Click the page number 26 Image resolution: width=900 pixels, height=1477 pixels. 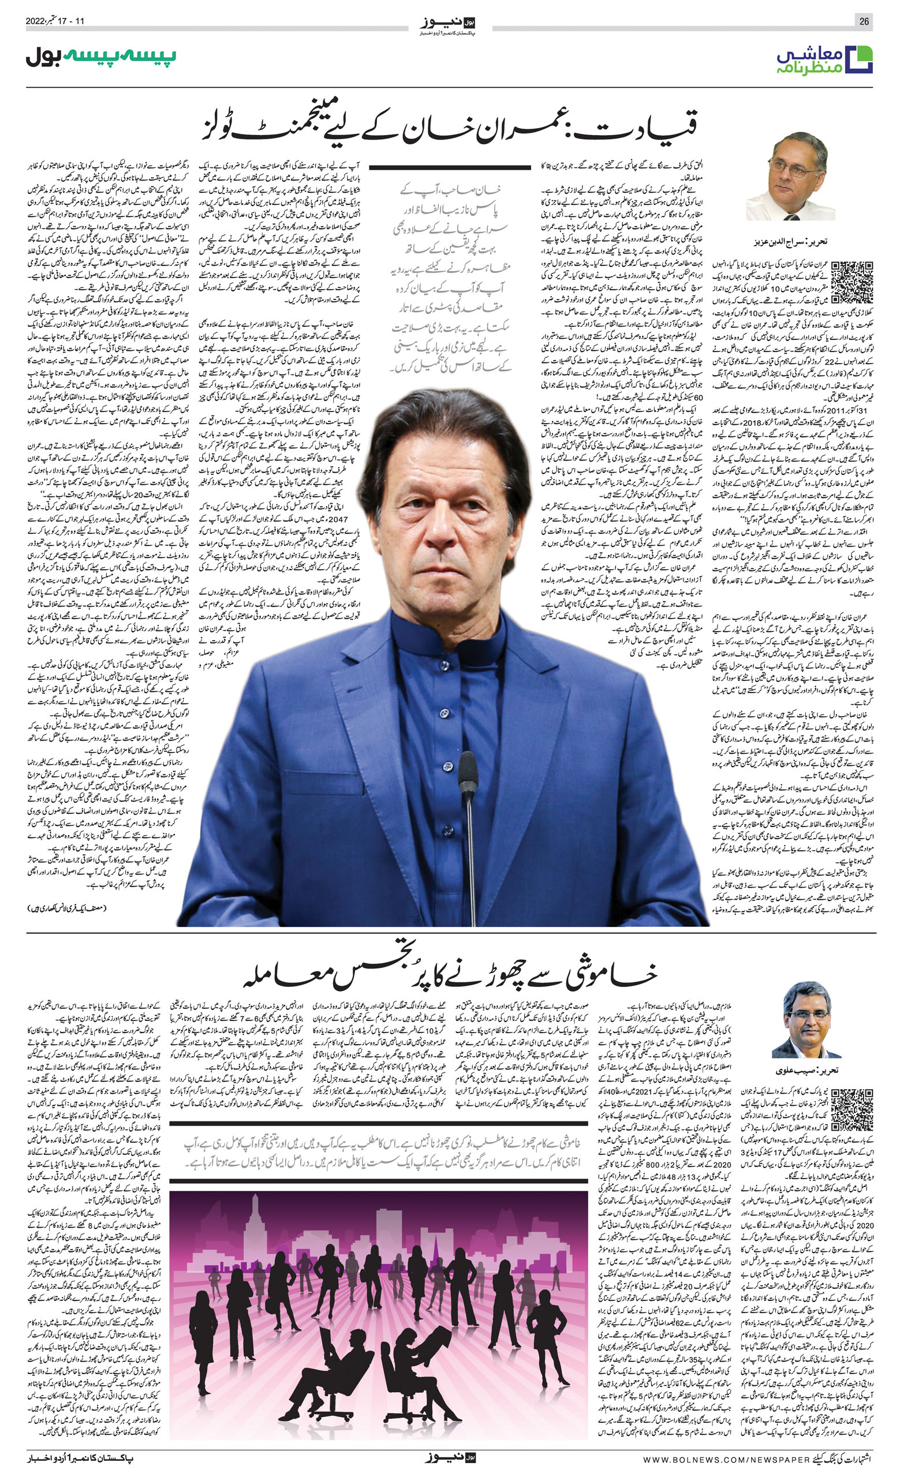(864, 21)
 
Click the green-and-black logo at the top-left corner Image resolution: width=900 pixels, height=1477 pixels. (100, 57)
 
